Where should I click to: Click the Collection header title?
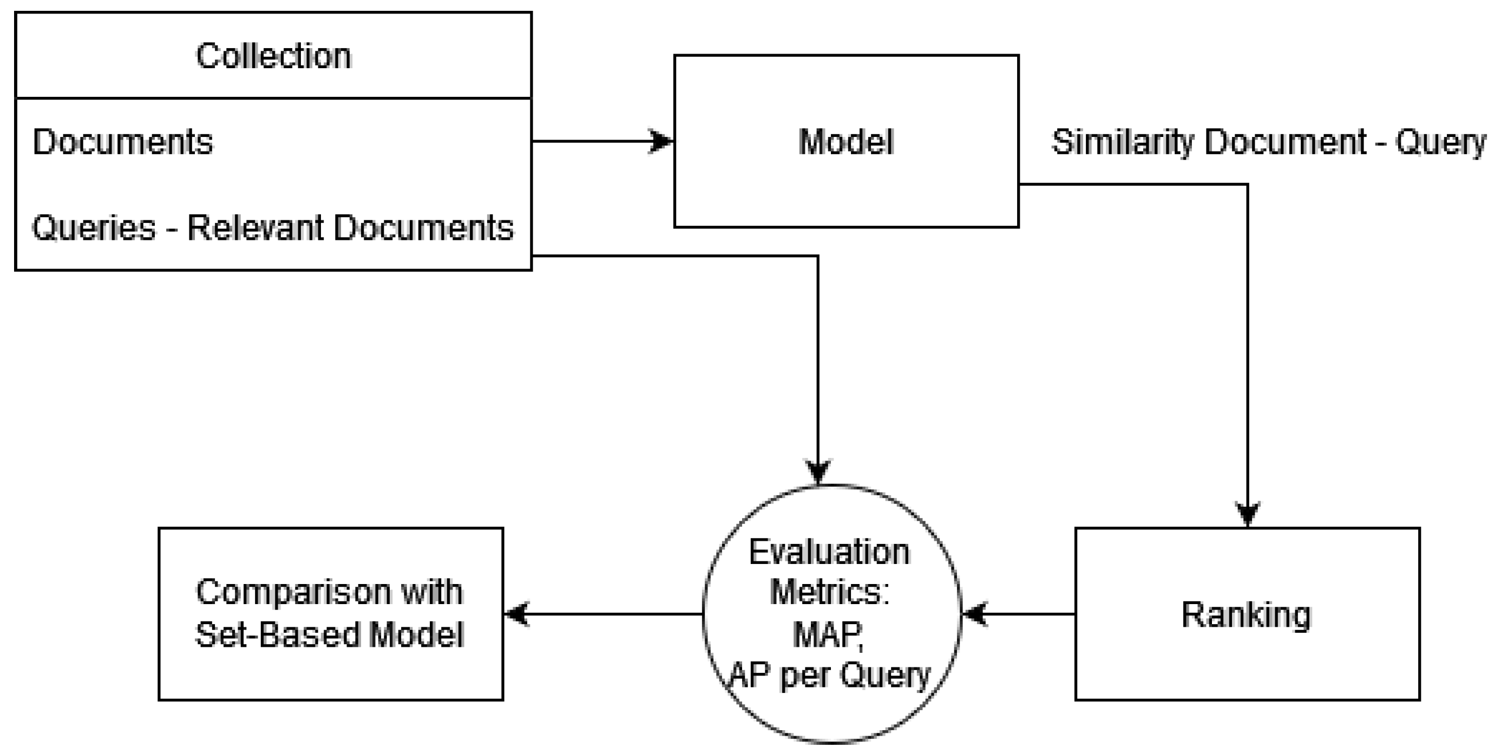click(273, 56)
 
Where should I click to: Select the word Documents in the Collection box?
click(123, 142)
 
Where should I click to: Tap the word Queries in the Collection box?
click(94, 228)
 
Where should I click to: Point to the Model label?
click(845, 142)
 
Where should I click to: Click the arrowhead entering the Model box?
click(662, 141)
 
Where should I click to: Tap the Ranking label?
click(1247, 615)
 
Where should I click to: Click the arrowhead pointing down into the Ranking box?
click(1248, 514)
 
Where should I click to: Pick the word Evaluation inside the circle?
click(829, 552)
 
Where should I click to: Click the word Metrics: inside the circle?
click(829, 592)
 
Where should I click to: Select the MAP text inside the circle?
click(828, 634)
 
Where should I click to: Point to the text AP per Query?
click(830, 676)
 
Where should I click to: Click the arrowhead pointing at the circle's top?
click(818, 471)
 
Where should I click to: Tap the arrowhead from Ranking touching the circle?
click(975, 614)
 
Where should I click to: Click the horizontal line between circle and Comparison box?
click(612, 614)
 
